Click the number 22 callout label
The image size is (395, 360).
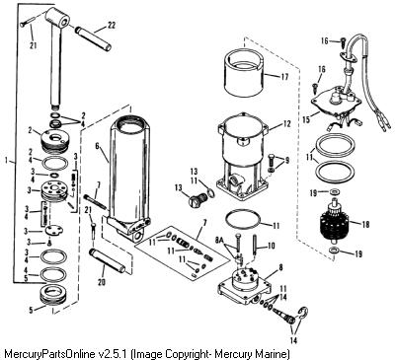point(112,26)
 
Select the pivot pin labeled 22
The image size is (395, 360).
point(93,38)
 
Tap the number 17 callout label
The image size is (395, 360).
point(284,77)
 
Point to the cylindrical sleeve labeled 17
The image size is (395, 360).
point(243,71)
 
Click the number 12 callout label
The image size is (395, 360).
point(286,124)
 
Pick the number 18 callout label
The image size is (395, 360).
point(365,224)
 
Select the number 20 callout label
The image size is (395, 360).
point(102,282)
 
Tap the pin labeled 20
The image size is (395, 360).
point(108,260)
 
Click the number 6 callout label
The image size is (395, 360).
point(97,146)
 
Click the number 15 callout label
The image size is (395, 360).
point(306,119)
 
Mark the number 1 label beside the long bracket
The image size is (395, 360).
point(7,161)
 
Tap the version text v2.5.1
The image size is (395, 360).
point(114,354)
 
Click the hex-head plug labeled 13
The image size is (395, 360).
point(197,200)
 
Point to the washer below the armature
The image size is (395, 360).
point(334,252)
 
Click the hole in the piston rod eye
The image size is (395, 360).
point(64,22)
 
